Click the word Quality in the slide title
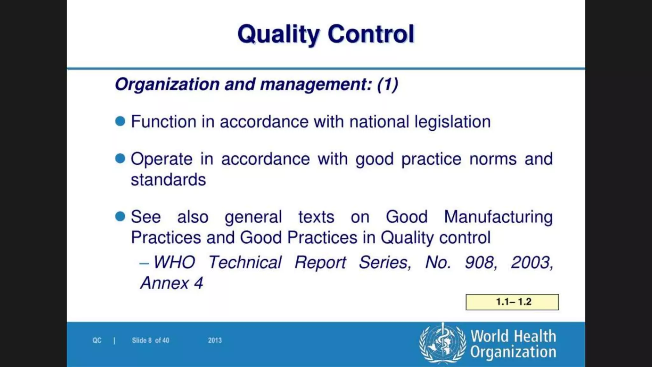click(x=278, y=34)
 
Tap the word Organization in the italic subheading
click(x=167, y=84)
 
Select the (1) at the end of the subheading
click(x=387, y=84)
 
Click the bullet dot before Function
click(x=120, y=121)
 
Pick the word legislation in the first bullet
click(x=452, y=122)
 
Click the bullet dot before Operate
click(x=120, y=158)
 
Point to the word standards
click(x=168, y=180)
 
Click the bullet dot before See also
click(x=120, y=216)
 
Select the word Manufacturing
click(x=498, y=217)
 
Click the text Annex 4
click(x=172, y=283)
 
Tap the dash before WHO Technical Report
click(x=144, y=263)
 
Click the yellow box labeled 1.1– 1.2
click(x=512, y=302)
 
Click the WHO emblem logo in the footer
click(x=443, y=343)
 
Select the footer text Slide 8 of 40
click(x=150, y=340)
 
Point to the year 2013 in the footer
click(x=215, y=340)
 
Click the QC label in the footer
click(x=97, y=340)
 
